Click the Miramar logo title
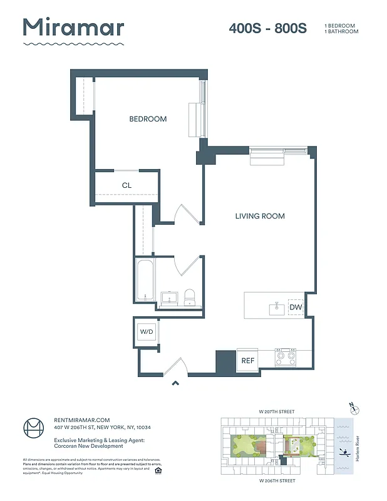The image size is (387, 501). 73,28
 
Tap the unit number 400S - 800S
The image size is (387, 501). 267,29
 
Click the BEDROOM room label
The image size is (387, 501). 148,119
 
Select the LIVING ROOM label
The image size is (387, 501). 260,216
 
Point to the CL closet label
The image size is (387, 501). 126,185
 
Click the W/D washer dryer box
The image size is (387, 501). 147,331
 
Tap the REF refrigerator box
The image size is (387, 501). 247,361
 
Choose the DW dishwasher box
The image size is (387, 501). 296,307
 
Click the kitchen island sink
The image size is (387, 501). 276,308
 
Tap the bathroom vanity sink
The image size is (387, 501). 169,297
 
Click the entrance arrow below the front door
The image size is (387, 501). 176,384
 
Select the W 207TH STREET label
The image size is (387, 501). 276,411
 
